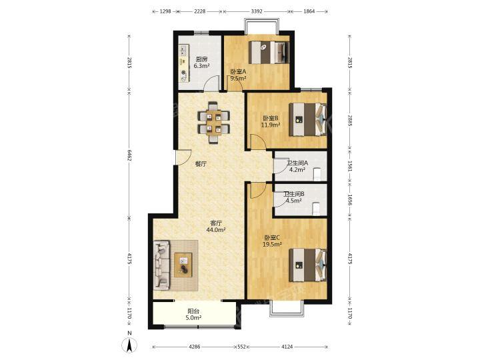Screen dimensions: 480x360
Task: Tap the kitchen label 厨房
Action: tap(201, 60)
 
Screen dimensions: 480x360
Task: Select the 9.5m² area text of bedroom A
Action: tap(238, 79)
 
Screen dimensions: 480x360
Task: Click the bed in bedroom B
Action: tap(308, 119)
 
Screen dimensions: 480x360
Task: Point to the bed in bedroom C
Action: tap(308, 265)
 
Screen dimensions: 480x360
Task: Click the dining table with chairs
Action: tap(213, 123)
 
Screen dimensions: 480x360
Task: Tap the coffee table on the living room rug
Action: tap(183, 265)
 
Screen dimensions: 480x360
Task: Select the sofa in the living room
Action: tap(161, 265)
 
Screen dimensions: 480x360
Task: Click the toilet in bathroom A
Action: tap(317, 175)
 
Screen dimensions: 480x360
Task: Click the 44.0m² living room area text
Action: tap(216, 229)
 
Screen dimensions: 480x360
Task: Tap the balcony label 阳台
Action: tap(193, 311)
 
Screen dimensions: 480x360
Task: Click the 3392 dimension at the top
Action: tap(257, 11)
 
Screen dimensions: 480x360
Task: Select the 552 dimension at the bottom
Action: tap(241, 347)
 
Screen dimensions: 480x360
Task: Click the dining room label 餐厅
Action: tap(201, 164)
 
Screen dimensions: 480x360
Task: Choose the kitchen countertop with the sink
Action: tap(184, 63)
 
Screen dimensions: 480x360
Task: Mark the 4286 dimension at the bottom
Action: tap(195, 347)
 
